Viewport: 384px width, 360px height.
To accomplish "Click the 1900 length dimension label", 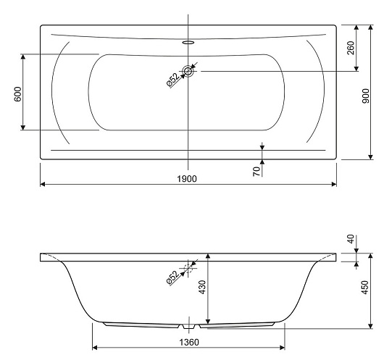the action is tap(187, 179).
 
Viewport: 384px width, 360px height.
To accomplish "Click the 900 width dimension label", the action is tap(365, 96).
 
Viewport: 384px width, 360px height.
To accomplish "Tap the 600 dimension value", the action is tap(17, 94).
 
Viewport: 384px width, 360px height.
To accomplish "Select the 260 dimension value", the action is tap(351, 48).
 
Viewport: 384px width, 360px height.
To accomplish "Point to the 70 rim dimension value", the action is tap(256, 172).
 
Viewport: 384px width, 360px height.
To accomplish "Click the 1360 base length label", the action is tap(189, 342).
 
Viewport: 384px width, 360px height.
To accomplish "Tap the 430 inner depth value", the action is tap(203, 288).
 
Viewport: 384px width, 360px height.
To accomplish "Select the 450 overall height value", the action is tap(364, 288).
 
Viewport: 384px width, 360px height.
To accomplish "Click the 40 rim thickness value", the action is tap(351, 239).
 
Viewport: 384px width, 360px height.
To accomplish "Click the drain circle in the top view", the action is tap(188, 71).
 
